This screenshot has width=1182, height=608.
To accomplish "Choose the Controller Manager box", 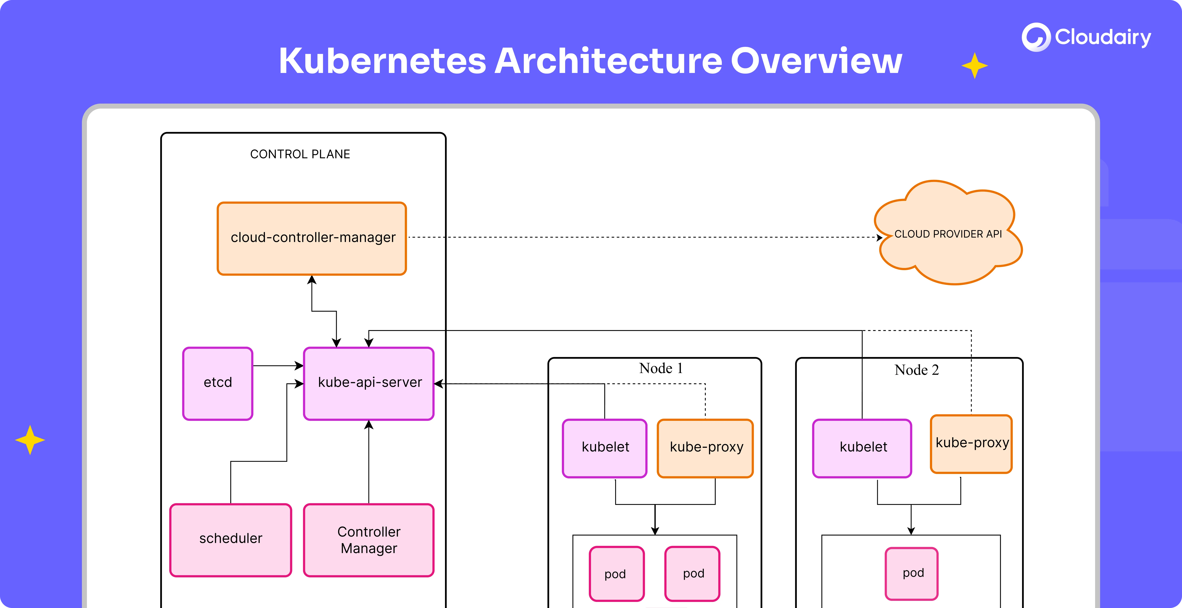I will click(369, 540).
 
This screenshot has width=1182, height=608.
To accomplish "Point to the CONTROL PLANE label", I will click(300, 154).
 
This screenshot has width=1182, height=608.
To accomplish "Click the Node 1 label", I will click(661, 368).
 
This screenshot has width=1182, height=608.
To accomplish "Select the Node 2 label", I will click(916, 370).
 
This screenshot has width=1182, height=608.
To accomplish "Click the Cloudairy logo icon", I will click(1036, 37).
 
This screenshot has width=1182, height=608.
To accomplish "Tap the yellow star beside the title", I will click(974, 66).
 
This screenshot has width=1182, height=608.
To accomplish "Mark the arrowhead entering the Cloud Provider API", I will click(880, 238).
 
